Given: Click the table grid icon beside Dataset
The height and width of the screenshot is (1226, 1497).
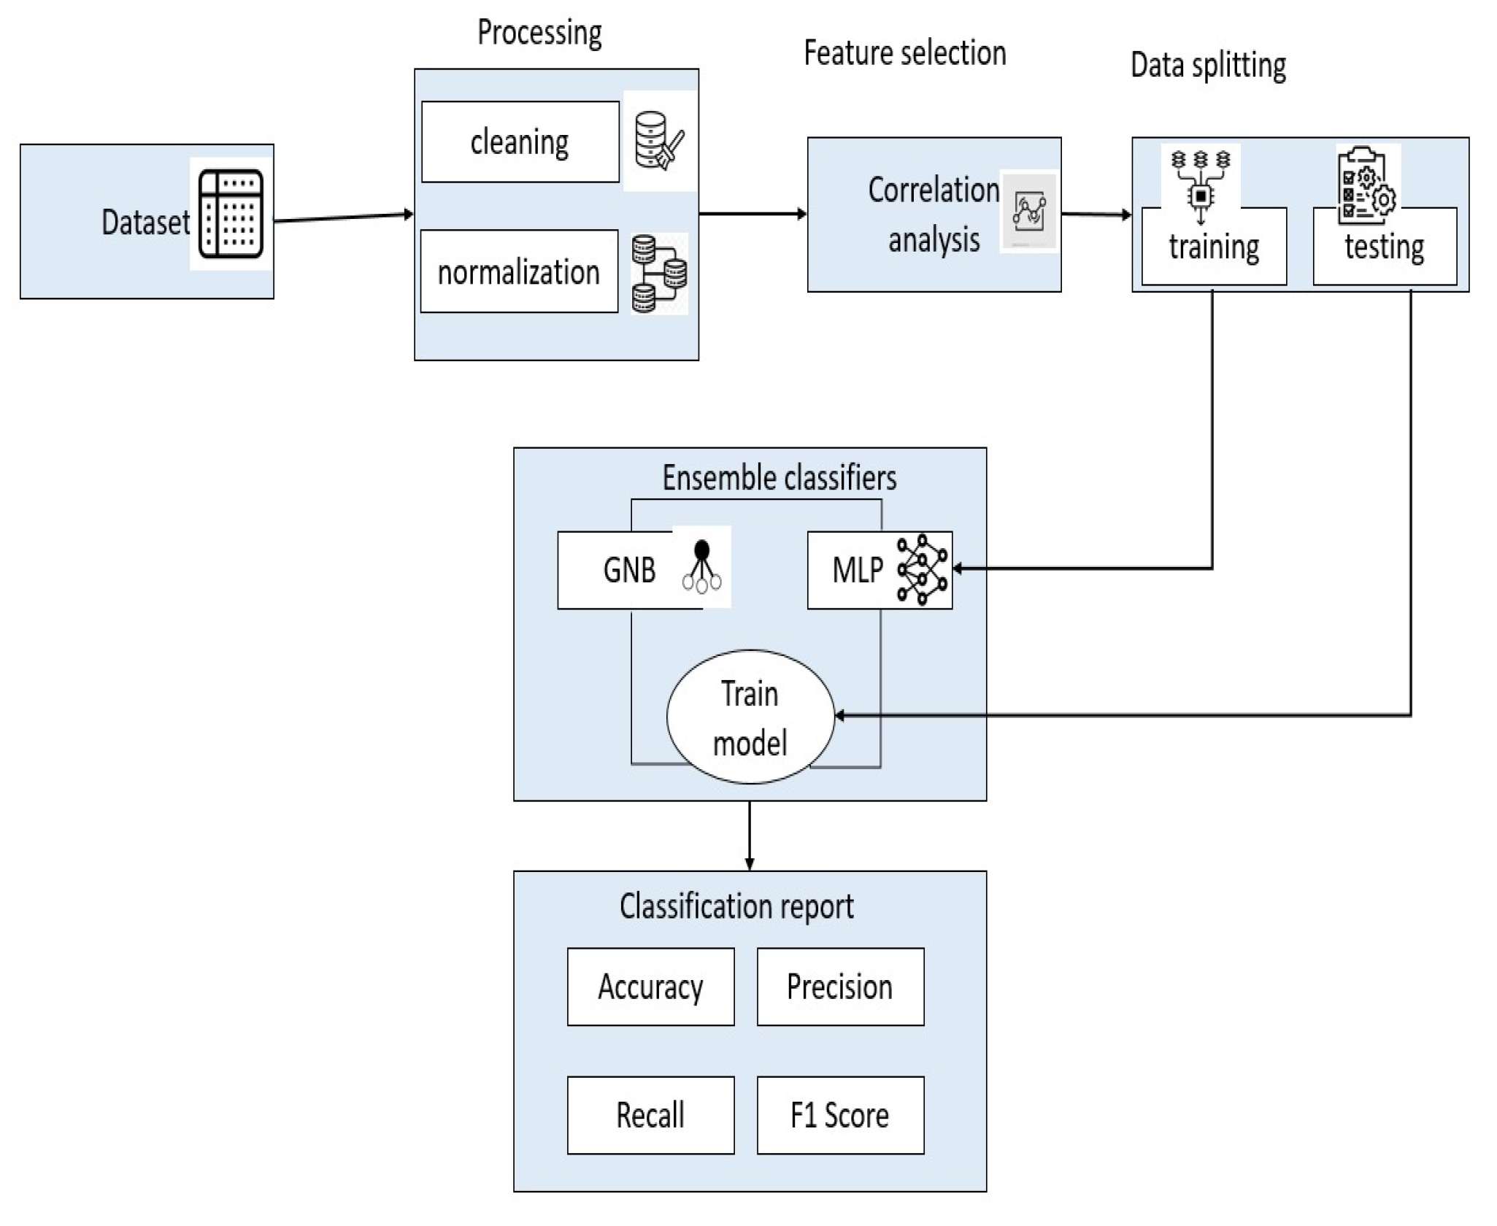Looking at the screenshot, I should (231, 213).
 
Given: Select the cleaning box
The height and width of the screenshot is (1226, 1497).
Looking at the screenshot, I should (520, 142).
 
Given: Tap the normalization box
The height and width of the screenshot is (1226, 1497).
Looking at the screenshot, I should (519, 271).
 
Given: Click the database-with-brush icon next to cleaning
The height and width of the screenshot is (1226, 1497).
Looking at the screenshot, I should (658, 142).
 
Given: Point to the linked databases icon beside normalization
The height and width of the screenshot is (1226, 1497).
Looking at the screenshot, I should (658, 274).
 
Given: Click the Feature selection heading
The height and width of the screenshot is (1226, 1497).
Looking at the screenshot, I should (904, 53).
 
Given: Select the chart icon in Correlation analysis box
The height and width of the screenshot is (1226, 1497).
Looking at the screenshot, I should (1028, 212).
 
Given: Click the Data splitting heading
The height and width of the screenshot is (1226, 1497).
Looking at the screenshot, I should (1208, 65).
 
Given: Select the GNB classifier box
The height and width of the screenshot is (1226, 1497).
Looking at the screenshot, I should (629, 570).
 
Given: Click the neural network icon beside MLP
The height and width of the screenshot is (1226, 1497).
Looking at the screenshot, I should (922, 570).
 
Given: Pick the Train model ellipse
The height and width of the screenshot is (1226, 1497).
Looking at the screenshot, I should (750, 717).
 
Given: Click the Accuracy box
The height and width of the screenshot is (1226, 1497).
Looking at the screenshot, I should (650, 987).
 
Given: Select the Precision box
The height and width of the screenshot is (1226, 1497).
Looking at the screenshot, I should (840, 987).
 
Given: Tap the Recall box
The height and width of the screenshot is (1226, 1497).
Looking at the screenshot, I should (650, 1115).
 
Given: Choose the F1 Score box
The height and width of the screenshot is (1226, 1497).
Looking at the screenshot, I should (840, 1115).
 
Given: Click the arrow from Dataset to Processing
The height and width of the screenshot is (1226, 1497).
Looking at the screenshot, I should (343, 217).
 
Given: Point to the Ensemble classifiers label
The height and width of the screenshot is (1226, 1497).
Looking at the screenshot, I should (779, 479).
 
